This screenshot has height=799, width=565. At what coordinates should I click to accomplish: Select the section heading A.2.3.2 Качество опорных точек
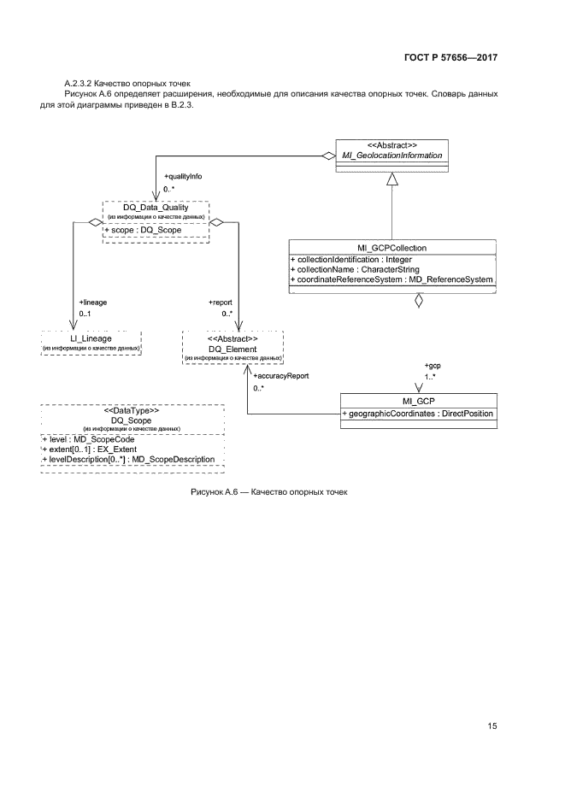point(123,80)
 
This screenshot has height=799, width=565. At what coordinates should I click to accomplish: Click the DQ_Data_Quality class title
point(156,208)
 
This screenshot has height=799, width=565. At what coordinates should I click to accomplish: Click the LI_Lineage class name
point(91,338)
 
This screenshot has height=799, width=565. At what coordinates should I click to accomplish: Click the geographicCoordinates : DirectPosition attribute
point(418,414)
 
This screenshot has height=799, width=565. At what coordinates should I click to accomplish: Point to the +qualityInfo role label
point(183,176)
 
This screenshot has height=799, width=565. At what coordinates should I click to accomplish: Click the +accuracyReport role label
point(281,375)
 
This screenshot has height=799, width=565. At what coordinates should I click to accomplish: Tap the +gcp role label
point(433,366)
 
